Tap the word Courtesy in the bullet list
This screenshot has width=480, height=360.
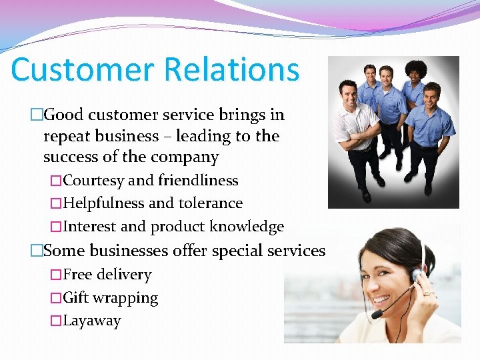click(x=93, y=181)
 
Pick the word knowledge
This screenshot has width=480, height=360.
click(x=247, y=227)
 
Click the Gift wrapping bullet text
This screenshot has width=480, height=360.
click(x=111, y=298)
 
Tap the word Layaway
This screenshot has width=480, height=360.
click(x=92, y=321)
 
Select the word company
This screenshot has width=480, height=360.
click(x=186, y=157)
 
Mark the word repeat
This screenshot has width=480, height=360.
click(x=67, y=136)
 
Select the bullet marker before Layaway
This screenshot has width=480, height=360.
click(x=56, y=321)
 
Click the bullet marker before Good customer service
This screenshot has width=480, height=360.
click(x=36, y=115)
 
